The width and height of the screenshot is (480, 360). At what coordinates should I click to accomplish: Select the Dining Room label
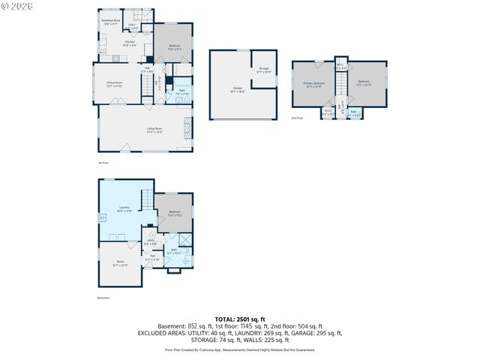click(114, 85)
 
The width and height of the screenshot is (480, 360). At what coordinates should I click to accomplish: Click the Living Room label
click(155, 131)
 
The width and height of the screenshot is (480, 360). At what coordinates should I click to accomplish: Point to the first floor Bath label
click(182, 92)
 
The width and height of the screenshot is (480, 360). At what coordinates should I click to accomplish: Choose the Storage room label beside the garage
click(263, 70)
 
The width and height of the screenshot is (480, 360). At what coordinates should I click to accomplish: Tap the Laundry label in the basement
click(125, 208)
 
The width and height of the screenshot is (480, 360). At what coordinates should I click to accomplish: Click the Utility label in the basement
click(151, 241)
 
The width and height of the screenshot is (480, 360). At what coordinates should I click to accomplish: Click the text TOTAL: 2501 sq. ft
click(239, 319)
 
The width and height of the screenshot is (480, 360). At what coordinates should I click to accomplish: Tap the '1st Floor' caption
click(103, 162)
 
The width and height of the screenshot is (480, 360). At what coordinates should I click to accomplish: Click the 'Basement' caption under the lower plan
click(103, 298)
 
